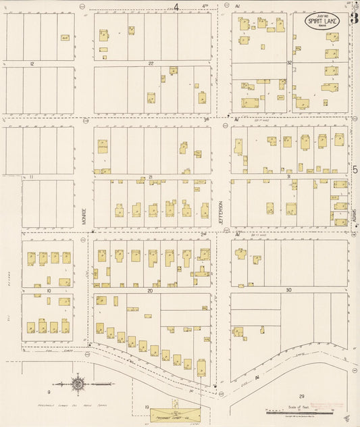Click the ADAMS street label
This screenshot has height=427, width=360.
(354, 216)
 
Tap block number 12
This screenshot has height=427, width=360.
(32, 63)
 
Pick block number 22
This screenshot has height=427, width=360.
(151, 63)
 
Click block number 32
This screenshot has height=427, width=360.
(288, 63)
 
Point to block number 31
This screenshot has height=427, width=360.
(288, 176)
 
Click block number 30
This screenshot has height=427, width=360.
(288, 290)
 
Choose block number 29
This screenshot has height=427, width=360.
(302, 395)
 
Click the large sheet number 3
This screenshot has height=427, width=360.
(353, 19)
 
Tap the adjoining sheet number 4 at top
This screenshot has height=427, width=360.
(176, 7)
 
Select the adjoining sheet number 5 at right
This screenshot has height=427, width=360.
(354, 171)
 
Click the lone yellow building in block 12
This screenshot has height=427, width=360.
(65, 39)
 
